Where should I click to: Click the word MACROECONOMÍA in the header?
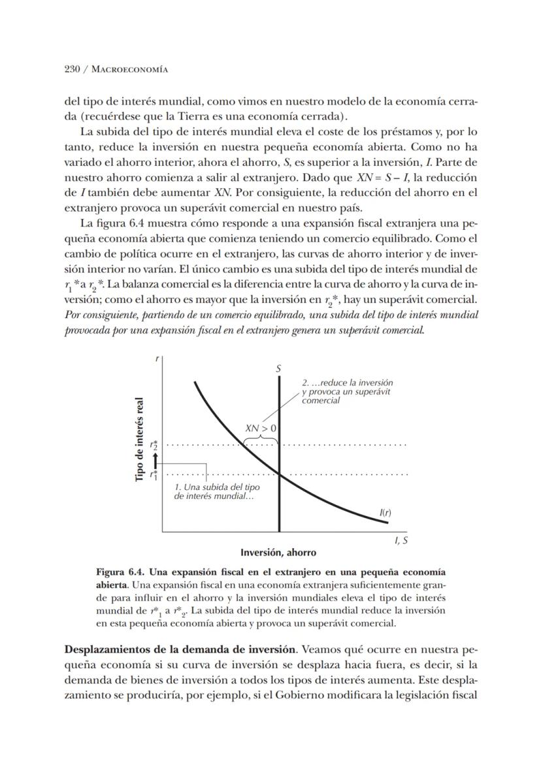(127, 69)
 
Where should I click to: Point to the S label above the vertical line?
(279, 369)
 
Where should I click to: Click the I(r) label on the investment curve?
(385, 513)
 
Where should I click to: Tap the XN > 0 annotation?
(261, 429)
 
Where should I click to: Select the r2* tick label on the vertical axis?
(154, 446)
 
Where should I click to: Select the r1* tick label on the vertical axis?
(154, 475)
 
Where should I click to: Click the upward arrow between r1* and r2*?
(155, 461)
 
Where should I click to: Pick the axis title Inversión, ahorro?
(278, 553)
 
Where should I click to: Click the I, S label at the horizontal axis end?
(401, 541)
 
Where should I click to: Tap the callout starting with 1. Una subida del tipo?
(216, 492)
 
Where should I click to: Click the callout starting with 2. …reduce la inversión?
(347, 391)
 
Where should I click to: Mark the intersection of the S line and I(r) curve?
(279, 474)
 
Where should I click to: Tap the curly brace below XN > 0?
(261, 441)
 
